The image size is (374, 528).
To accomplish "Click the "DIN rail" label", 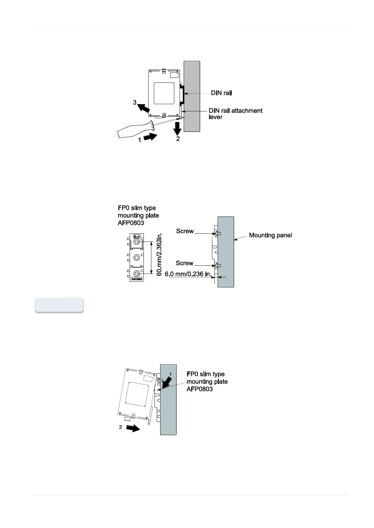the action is tap(221, 93).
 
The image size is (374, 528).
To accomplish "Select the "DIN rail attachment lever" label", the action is tap(235, 114).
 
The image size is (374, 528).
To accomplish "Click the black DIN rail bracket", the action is tap(182, 93).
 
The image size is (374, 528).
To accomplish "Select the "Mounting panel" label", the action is tap(270, 235).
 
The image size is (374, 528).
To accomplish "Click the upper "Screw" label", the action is tap(185, 231).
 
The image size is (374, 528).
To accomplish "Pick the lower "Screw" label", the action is tap(185, 263).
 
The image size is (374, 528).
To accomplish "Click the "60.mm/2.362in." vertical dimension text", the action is tap(159, 254).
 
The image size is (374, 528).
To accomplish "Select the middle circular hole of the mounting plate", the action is tap(137, 257).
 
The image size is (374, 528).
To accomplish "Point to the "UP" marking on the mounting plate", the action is tap(137, 236).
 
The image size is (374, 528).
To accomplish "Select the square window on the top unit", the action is tap(164, 93).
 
